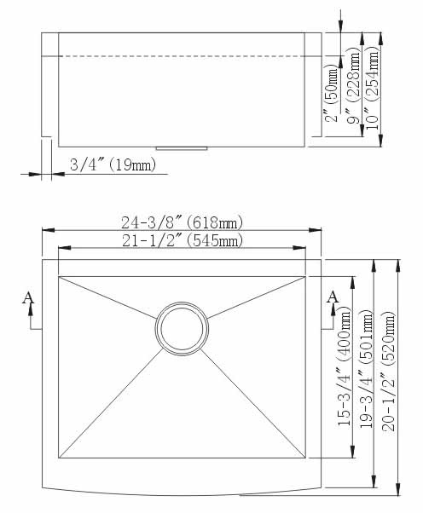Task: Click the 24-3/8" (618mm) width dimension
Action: [182, 222]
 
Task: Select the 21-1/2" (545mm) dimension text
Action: [182, 241]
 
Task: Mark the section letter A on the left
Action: [28, 298]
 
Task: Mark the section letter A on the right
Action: [333, 297]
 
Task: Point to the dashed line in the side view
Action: [181, 57]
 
